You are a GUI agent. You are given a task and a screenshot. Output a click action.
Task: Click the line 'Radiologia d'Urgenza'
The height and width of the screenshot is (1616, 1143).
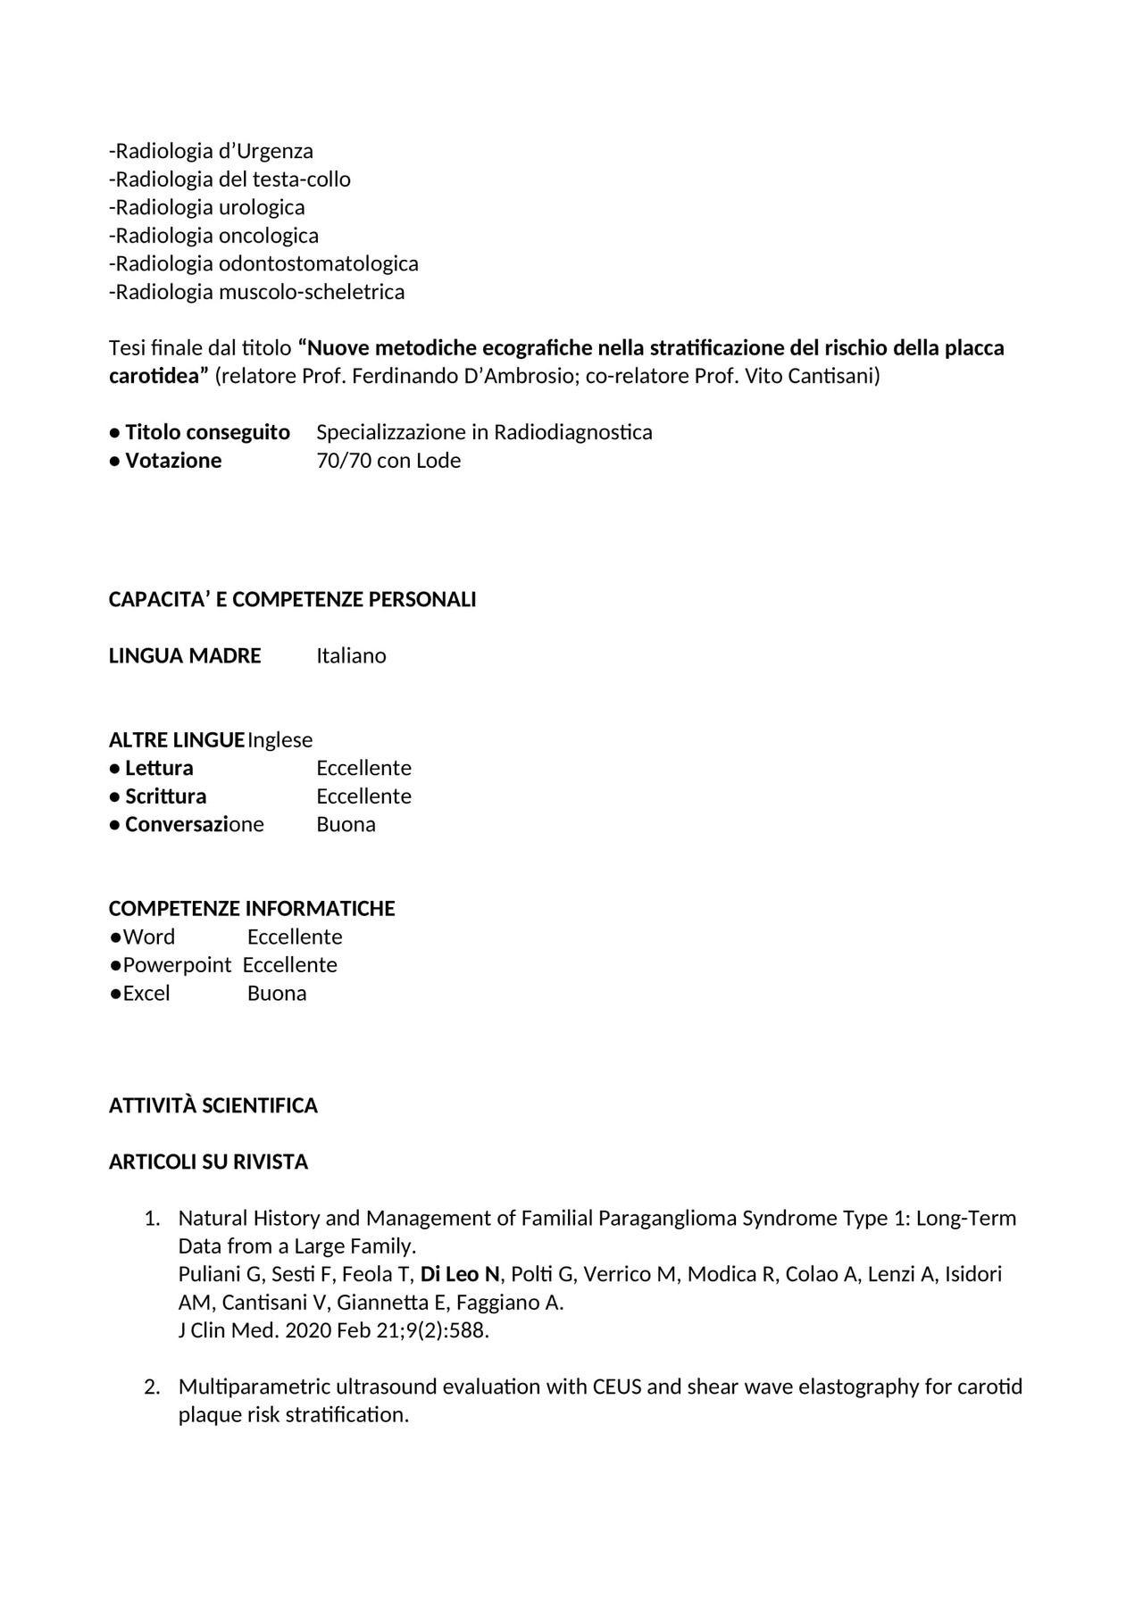(212, 151)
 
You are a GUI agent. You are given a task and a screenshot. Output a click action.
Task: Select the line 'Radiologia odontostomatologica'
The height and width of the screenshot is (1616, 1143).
(264, 263)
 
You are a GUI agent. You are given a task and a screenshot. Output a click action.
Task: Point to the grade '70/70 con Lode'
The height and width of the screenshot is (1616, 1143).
(388, 461)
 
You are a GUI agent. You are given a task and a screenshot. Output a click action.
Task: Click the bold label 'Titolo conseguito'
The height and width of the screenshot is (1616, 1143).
(207, 432)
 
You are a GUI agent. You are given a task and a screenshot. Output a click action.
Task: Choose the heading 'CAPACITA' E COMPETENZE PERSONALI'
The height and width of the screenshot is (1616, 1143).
(292, 599)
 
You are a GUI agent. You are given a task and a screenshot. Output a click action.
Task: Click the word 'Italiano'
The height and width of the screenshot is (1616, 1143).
(351, 655)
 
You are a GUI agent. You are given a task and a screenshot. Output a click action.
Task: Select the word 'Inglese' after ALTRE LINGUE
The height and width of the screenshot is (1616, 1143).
(280, 739)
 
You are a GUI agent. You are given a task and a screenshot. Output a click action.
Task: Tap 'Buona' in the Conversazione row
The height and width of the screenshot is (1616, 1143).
(346, 824)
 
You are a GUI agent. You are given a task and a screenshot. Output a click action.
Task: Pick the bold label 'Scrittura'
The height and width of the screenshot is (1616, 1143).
(165, 796)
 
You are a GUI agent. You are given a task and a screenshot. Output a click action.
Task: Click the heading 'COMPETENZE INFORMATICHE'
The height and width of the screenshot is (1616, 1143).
(252, 908)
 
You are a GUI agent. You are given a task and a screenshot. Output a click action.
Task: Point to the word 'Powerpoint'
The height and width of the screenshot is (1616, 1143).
(177, 964)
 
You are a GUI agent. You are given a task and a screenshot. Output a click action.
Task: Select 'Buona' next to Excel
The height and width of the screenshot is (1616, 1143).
(277, 993)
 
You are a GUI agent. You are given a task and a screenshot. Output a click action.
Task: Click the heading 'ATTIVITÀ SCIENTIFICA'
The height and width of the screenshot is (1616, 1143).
(213, 1105)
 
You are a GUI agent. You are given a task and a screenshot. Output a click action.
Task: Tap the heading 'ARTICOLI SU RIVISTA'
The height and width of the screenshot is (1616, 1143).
(208, 1162)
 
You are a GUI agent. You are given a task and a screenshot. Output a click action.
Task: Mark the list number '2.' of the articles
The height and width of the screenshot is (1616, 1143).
(152, 1387)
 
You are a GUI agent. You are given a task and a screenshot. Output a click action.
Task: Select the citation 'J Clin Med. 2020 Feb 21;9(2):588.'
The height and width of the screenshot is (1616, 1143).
(334, 1330)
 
